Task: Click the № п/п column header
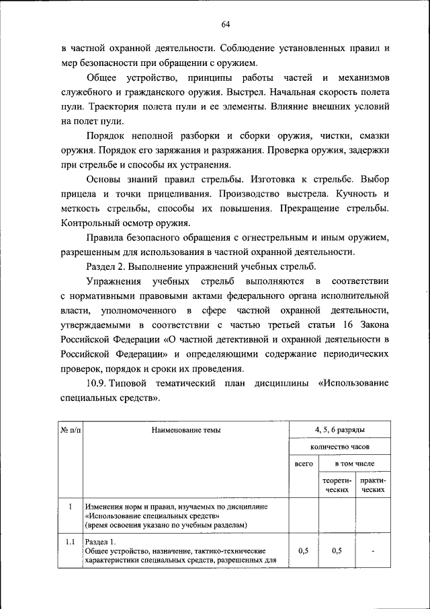pyautogui.click(x=71, y=429)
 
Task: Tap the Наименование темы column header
pyautogui.click(x=185, y=429)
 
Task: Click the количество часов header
pyautogui.click(x=339, y=447)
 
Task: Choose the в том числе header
pyautogui.click(x=355, y=464)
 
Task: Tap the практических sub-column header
pyautogui.click(x=372, y=487)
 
